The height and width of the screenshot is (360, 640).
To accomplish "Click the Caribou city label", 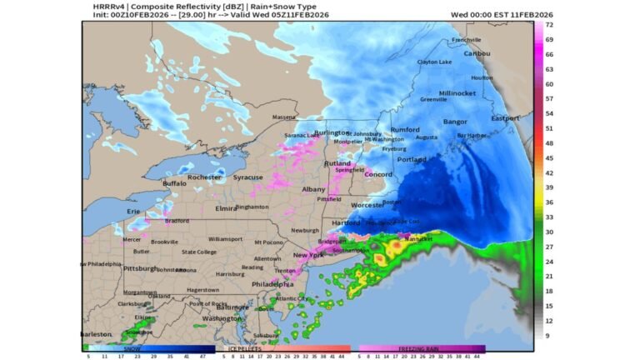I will [477, 53].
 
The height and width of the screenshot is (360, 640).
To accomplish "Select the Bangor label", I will [455, 122].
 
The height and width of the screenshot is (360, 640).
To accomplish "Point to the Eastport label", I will [504, 118].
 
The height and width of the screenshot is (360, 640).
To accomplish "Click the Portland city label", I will [412, 159].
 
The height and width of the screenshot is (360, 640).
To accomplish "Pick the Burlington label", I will [332, 132].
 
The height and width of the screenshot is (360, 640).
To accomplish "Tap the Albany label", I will [313, 190].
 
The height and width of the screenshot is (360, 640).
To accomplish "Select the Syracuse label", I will [247, 177].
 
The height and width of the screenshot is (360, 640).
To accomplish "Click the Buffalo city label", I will [175, 183].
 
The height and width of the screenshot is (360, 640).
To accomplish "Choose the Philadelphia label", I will [272, 284].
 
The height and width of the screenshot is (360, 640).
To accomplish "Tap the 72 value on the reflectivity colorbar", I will [550, 25].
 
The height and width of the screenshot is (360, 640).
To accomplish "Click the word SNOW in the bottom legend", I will [132, 348].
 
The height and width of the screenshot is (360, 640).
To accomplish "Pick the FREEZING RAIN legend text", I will [421, 348].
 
